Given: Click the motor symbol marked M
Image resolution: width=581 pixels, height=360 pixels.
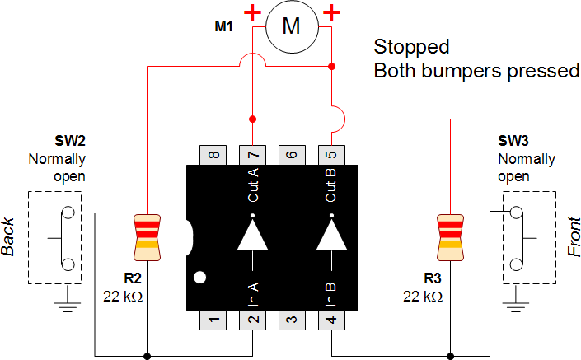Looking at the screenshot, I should (x=291, y=28).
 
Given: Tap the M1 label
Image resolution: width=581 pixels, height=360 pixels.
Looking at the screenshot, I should (x=223, y=27).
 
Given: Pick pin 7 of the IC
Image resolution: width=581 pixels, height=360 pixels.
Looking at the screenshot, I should (x=252, y=154).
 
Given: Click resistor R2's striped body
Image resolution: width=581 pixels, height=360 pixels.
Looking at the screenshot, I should (x=147, y=231).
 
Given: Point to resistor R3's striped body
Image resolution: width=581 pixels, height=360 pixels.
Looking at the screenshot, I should (x=451, y=231).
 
